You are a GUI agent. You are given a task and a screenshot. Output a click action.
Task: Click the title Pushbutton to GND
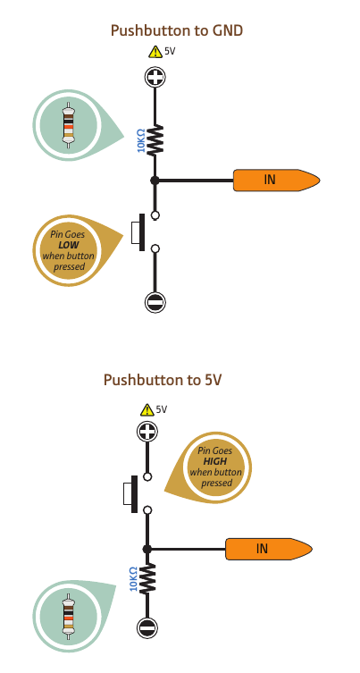point(177,30)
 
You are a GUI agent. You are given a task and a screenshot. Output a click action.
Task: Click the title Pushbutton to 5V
point(163,380)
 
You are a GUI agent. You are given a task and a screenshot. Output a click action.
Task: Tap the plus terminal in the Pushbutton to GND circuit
point(155,77)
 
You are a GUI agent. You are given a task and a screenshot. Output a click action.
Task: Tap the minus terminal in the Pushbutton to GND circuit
point(155,302)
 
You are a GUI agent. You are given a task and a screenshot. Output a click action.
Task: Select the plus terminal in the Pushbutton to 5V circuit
point(147,431)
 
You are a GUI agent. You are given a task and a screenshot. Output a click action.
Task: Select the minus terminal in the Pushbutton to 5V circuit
point(147,628)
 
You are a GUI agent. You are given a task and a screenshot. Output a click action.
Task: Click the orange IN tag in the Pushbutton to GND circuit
point(276,180)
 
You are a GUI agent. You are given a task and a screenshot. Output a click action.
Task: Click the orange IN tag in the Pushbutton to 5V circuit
point(269,549)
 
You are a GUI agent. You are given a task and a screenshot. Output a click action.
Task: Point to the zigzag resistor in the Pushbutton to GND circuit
point(155,140)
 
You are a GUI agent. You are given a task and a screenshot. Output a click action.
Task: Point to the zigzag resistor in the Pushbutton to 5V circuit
point(147,578)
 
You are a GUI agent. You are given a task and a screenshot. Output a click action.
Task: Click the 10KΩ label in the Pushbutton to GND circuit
point(141,140)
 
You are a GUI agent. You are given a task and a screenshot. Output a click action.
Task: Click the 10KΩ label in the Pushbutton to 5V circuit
point(133,578)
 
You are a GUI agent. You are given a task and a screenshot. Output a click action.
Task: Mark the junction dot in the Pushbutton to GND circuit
point(155,181)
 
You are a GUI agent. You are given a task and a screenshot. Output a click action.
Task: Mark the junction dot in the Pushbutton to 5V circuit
point(147,549)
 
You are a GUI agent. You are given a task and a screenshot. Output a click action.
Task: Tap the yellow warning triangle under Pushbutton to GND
point(155,52)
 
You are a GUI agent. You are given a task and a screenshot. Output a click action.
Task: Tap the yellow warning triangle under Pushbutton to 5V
point(147,410)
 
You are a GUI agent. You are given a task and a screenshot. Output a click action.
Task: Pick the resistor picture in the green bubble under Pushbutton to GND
point(68,125)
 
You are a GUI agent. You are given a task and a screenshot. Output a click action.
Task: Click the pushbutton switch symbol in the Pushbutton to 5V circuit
point(138,493)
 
